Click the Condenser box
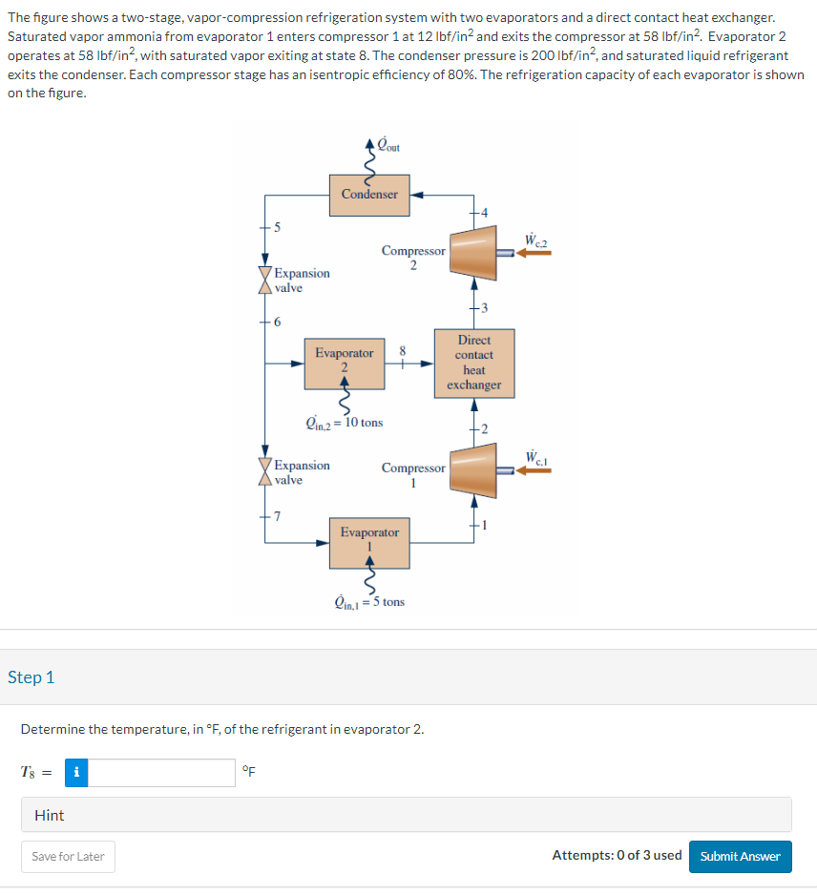pyautogui.click(x=369, y=194)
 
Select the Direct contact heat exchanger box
pyautogui.click(x=473, y=363)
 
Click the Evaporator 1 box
pyautogui.click(x=369, y=542)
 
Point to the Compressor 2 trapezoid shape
pyautogui.click(x=473, y=254)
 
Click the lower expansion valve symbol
pyautogui.click(x=264, y=472)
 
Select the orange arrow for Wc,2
pyautogui.click(x=534, y=254)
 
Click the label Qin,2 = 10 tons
pyautogui.click(x=345, y=421)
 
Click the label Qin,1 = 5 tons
pyautogui.click(x=369, y=602)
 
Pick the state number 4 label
pyautogui.click(x=484, y=211)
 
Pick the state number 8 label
pyautogui.click(x=403, y=349)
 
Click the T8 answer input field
pyautogui.click(x=161, y=773)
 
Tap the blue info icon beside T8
pyautogui.click(x=76, y=773)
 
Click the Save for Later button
pyautogui.click(x=68, y=856)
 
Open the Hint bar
pyautogui.click(x=407, y=815)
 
